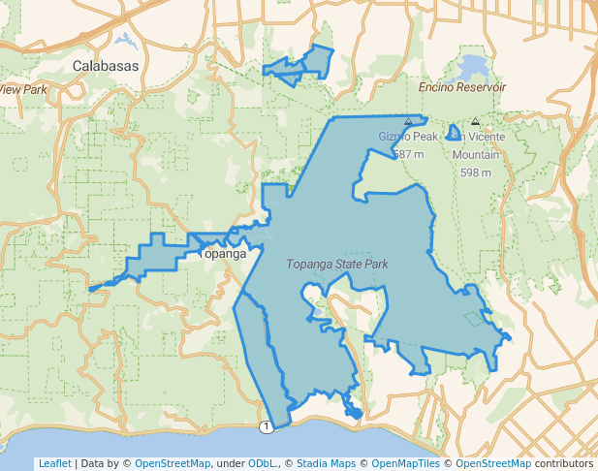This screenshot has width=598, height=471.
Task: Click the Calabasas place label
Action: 106,66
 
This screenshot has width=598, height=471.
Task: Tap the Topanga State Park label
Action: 337,264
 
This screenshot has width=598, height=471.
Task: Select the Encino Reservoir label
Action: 462,87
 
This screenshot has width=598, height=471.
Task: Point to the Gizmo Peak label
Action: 401,137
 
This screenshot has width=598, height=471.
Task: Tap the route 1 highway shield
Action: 265,427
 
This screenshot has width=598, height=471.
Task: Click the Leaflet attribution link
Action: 54,463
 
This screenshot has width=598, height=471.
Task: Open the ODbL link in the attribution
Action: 263,463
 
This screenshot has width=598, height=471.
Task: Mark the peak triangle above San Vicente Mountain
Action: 475,122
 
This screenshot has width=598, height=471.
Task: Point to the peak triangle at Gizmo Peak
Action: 408,122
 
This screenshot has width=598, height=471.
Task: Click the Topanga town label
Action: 224,254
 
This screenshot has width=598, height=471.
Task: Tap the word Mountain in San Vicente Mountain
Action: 476,155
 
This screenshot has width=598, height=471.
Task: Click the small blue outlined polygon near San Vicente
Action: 454,132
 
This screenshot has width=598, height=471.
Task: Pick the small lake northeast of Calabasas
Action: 124,41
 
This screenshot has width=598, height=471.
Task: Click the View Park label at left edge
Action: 23,89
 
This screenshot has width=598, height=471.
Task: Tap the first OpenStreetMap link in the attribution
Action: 172,463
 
